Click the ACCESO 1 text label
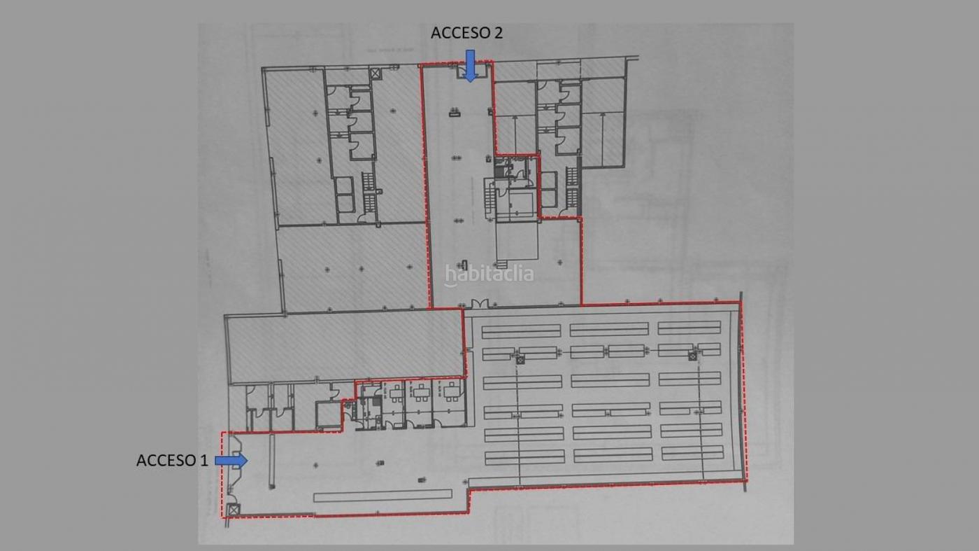click(172, 461)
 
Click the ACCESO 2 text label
click(467, 33)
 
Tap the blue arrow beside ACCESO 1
click(231, 461)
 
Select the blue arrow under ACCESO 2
click(470, 66)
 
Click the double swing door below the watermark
click(480, 303)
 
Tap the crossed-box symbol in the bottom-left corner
click(234, 510)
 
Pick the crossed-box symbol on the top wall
click(375, 73)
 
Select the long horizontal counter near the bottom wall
click(383, 496)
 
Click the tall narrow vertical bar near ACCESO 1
click(271, 461)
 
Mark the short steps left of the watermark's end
click(501, 264)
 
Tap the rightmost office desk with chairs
click(451, 391)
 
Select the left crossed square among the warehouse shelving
click(520, 360)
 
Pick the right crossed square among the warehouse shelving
click(692, 356)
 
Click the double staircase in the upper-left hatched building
click(369, 193)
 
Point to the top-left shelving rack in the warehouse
click(522, 331)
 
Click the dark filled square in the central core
click(499, 172)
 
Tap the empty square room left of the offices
click(328, 414)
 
